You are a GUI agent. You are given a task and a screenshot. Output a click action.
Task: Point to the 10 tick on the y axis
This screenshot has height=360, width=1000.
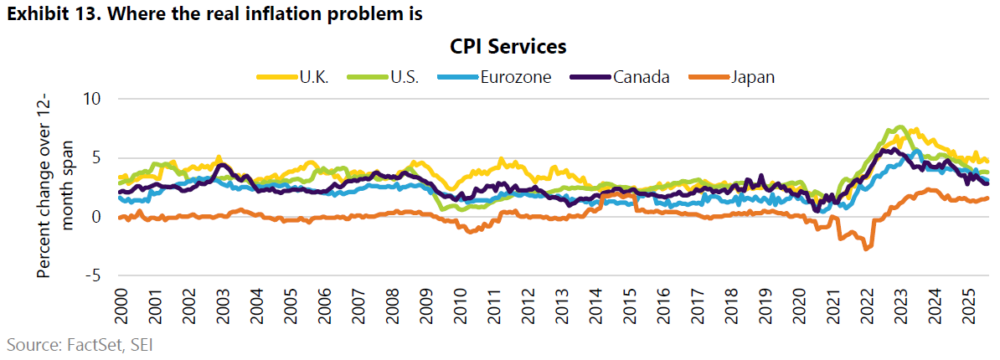tap(92, 99)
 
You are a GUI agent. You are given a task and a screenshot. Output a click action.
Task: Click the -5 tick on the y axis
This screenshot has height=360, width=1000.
tap(94, 275)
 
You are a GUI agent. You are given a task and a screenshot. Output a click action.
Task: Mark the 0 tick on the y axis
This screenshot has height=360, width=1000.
tap(97, 217)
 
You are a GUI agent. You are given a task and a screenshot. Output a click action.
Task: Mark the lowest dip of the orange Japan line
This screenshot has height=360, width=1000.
tap(867, 249)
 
